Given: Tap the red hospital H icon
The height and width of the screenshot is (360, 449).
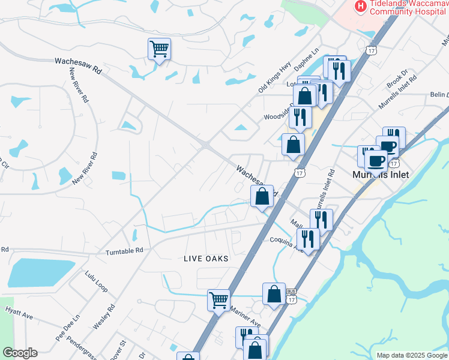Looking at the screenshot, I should click(x=360, y=7).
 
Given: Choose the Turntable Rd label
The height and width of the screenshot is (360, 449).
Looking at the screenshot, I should click(x=124, y=251).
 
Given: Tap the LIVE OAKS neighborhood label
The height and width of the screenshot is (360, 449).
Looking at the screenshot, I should click(x=206, y=258).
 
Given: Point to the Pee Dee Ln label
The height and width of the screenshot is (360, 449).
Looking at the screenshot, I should click(x=67, y=328).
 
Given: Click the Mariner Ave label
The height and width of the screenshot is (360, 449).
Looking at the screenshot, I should click(x=245, y=317).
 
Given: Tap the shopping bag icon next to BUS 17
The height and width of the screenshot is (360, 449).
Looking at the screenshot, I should click(x=274, y=294).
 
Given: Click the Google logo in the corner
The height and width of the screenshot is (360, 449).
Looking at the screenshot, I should click(x=20, y=353).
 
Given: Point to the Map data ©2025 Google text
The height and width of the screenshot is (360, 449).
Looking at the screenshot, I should click(x=411, y=355).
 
